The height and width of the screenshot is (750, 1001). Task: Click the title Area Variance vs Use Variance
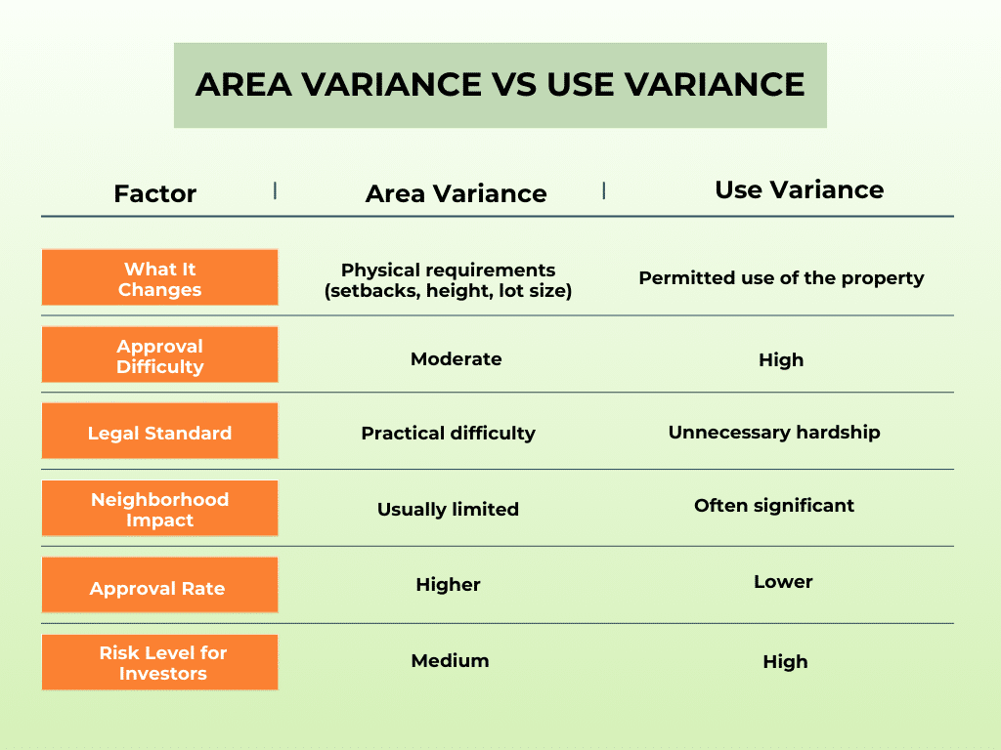(500, 85)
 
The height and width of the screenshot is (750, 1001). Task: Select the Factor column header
(154, 193)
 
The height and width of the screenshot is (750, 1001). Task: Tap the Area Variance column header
(456, 193)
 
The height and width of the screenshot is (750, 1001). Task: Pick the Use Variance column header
(799, 189)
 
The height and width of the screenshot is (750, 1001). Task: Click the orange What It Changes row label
(159, 278)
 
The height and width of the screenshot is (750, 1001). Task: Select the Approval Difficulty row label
(159, 355)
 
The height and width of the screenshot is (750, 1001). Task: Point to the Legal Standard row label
(159, 433)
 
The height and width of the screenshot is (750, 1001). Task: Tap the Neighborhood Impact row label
(159, 509)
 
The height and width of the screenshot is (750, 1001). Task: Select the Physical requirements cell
(448, 280)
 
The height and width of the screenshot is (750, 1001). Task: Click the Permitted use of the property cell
(781, 278)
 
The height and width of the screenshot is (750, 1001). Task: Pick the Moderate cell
(456, 358)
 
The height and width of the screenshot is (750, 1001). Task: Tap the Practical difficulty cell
(448, 433)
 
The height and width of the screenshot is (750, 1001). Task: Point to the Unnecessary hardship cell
(774, 432)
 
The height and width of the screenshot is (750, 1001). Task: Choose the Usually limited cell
(448, 509)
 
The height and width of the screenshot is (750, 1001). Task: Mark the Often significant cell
(774, 505)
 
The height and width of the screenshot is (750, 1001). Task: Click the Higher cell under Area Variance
(448, 585)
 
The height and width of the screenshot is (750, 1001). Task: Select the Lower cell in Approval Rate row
(783, 581)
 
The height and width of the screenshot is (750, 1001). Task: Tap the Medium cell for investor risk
(450, 660)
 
